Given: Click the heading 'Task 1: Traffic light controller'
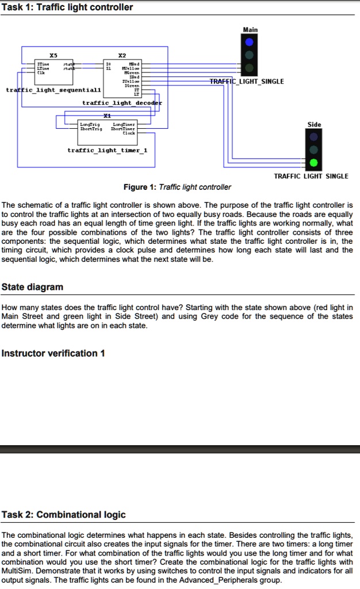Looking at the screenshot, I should tap(67, 7).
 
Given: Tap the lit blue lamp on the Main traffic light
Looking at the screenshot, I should tap(249, 43).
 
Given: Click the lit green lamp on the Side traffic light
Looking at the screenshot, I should tap(313, 163).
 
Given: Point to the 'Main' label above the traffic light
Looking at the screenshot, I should tap(250, 29).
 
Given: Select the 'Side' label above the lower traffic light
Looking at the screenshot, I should tap(315, 124).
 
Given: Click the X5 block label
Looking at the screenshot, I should tap(53, 56).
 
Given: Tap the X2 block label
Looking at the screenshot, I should tap(122, 56).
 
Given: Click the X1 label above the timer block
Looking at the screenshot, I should tap(107, 116).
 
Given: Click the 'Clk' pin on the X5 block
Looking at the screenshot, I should tap(40, 73).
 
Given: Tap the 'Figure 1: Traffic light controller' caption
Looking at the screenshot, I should tap(177, 187).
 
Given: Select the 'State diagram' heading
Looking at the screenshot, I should tap(33, 287).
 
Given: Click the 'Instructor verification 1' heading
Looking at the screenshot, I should tap(53, 353).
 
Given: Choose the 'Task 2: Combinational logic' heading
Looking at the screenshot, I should tap(63, 514).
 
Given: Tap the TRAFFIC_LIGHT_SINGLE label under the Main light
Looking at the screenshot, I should tap(246, 81).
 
